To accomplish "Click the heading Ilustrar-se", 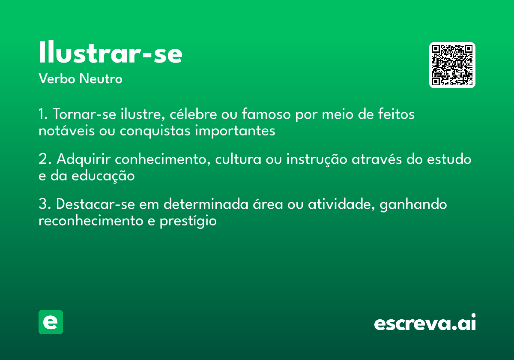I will click(x=111, y=53).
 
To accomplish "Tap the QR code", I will click(x=452, y=65).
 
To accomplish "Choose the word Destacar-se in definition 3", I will click(x=96, y=204).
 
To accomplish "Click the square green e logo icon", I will click(x=51, y=322).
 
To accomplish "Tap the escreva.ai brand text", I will click(x=425, y=323).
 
